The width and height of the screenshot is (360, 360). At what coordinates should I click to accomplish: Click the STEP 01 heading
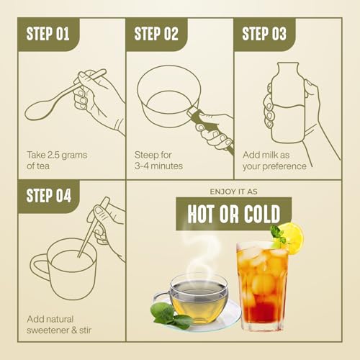(x=48, y=34)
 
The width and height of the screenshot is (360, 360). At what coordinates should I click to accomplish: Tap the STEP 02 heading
(x=156, y=34)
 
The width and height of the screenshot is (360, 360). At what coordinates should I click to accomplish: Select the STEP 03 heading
(x=264, y=34)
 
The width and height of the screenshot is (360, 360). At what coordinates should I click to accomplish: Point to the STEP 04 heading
(x=49, y=195)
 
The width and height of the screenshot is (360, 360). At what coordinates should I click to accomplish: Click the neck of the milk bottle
(x=288, y=70)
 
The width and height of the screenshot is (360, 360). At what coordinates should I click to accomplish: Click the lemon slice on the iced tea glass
(x=292, y=238)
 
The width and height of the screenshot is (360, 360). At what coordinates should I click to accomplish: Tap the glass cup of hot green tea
(x=196, y=299)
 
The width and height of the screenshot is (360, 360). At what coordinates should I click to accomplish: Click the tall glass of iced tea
(x=262, y=286)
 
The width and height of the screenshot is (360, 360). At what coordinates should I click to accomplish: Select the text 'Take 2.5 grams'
(x=57, y=155)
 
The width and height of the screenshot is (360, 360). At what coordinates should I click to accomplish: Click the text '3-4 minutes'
(x=158, y=166)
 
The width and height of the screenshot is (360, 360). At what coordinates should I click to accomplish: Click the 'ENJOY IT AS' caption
(x=233, y=192)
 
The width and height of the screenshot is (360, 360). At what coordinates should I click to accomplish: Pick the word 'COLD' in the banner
(x=262, y=214)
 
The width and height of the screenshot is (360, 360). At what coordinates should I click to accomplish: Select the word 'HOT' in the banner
(x=201, y=214)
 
